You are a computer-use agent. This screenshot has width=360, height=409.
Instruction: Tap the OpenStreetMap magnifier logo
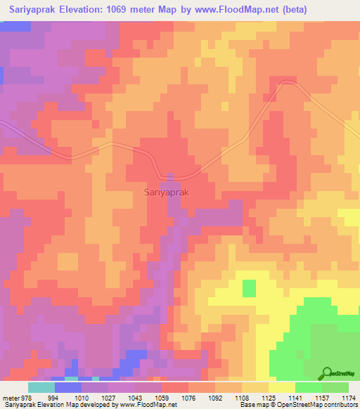click(x=328, y=374)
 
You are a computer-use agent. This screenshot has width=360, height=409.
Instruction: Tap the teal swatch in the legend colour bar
click(x=41, y=387)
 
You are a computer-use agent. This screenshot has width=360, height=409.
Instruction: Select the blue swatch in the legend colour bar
click(x=68, y=387)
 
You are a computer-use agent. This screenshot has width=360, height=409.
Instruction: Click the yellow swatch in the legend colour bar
click(x=282, y=387)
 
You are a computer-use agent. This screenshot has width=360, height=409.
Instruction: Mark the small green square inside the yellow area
click(x=249, y=288)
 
